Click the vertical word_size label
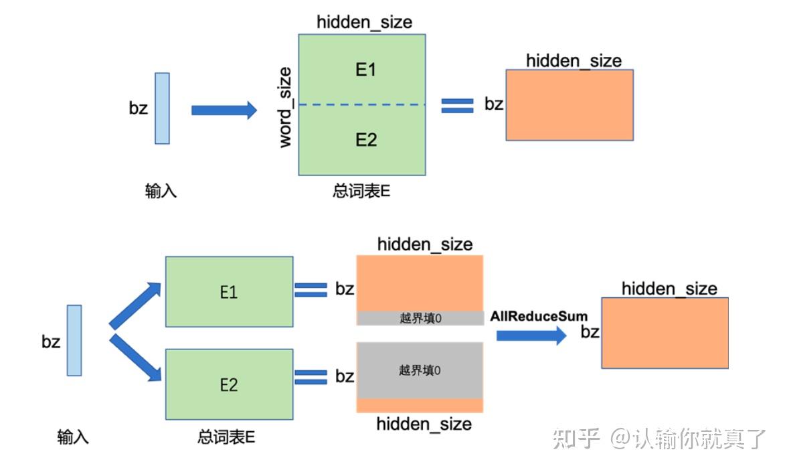[x=286, y=107]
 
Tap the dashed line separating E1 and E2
[x=361, y=104]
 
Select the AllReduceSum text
[x=539, y=316]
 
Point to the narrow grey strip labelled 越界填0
[x=420, y=318]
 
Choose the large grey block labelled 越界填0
[x=420, y=370]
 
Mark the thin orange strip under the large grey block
[x=420, y=406]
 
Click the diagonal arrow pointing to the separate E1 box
[x=136, y=305]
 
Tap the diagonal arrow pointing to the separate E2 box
[x=136, y=358]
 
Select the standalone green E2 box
[x=229, y=384]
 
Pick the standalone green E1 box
[x=229, y=292]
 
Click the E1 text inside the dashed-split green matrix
[x=365, y=70]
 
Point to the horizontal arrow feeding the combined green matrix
[x=224, y=110]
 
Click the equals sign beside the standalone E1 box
[x=311, y=289]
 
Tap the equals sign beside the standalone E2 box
[x=311, y=376]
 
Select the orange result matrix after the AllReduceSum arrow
[x=665, y=333]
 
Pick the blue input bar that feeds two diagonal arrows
[x=74, y=340]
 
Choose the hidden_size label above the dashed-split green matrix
[x=364, y=22]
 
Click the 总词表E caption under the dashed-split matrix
[x=361, y=191]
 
